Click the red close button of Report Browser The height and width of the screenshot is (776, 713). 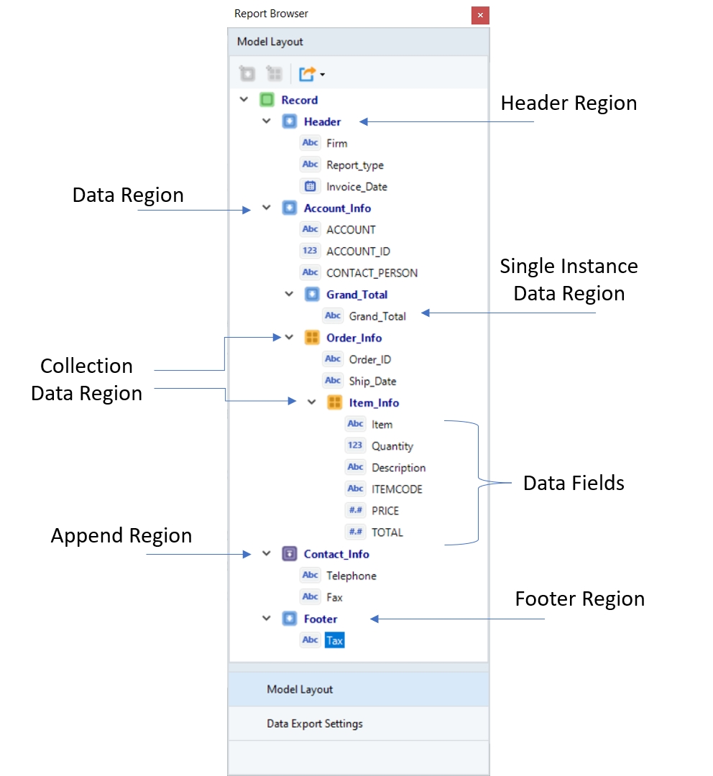(x=480, y=15)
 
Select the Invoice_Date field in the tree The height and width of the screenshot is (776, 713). (x=356, y=187)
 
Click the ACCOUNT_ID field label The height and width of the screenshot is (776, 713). (x=358, y=251)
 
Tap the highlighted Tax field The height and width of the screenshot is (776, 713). (x=334, y=640)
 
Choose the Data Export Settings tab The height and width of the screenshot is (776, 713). (x=315, y=724)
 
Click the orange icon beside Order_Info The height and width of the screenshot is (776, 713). (x=312, y=338)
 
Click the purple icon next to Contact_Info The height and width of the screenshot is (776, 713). (x=289, y=554)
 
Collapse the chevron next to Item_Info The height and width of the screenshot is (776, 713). (x=312, y=402)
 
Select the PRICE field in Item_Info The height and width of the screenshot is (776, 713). (x=385, y=511)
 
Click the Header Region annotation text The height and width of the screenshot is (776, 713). (x=569, y=103)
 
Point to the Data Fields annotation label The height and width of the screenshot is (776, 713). (x=574, y=483)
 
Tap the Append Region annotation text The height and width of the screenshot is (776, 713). (x=121, y=536)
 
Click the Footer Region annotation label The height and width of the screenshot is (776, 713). (x=579, y=599)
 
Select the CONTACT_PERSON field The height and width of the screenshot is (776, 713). (x=372, y=273)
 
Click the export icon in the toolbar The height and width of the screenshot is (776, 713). (x=308, y=73)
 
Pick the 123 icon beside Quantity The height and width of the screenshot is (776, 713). (x=355, y=445)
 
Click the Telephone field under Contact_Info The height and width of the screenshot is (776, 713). (x=351, y=576)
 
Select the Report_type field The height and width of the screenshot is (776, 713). (x=355, y=165)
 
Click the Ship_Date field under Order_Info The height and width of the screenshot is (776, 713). (x=372, y=381)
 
